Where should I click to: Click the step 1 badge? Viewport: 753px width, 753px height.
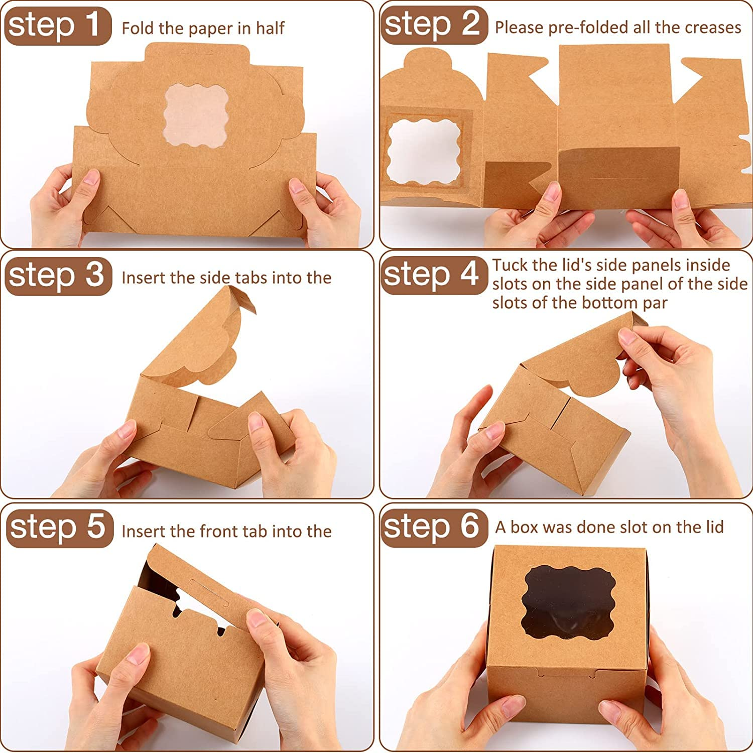[x=58, y=26]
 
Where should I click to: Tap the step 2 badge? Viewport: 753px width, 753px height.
[x=434, y=25]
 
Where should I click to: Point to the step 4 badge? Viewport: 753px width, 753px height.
[x=434, y=275]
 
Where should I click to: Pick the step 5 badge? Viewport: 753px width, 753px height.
[x=59, y=528]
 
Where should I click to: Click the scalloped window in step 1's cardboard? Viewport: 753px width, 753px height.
[x=196, y=115]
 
